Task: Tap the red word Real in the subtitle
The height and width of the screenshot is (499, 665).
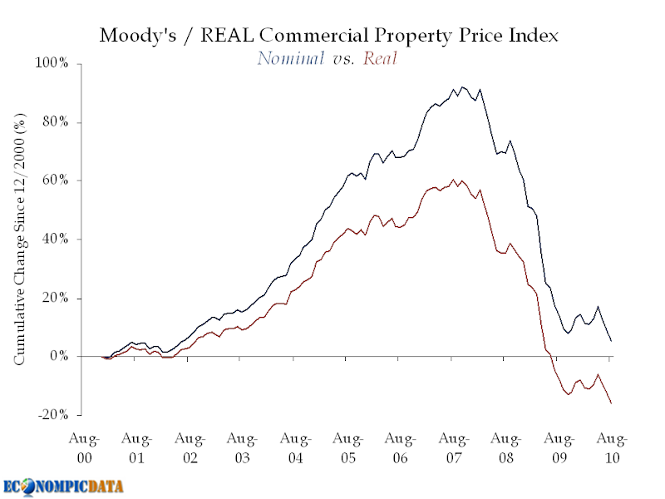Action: pos(381,58)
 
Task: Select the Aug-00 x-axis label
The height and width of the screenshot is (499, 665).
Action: pos(84,447)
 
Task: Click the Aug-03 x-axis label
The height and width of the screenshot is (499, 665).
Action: pos(242,447)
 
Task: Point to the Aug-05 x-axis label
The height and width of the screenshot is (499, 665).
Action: pos(347,447)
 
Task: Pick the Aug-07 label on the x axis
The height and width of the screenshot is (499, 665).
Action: pos(453,447)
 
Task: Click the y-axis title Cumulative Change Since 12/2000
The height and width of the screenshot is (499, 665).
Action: pos(18,240)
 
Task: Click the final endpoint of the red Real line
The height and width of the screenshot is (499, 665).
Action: pos(612,403)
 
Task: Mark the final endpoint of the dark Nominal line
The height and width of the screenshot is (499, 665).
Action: pos(612,341)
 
